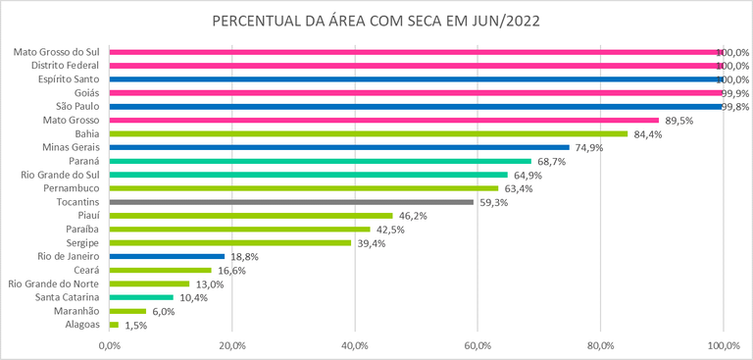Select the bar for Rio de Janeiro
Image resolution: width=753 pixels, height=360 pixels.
pyautogui.click(x=168, y=256)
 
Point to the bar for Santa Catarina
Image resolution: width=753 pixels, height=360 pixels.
pyautogui.click(x=141, y=297)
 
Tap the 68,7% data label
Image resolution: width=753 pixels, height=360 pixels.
pyautogui.click(x=552, y=161)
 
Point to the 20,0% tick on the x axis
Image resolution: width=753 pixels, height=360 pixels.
pyautogui.click(x=232, y=344)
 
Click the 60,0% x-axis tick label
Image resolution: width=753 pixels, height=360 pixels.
pyautogui.click(x=477, y=344)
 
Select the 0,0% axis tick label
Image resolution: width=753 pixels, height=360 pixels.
pyautogui.click(x=110, y=344)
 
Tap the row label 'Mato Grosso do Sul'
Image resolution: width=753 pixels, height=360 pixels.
pyautogui.click(x=58, y=52)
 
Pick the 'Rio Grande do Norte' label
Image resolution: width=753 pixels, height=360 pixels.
pyautogui.click(x=54, y=283)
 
